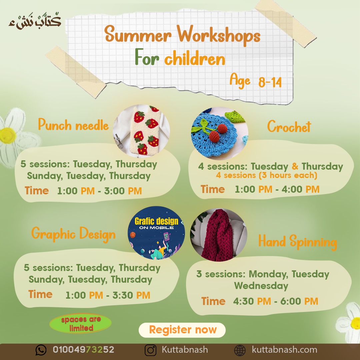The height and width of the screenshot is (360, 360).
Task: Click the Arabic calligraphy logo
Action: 35,21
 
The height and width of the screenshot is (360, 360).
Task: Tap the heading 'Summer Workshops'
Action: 182,35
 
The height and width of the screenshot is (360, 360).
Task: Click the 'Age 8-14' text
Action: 256,81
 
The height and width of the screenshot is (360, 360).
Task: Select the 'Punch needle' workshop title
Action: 73,125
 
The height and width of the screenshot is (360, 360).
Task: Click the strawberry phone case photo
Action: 141,131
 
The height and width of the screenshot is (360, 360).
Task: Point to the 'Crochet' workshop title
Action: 289,126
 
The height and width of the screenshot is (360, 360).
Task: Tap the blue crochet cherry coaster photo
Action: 219,133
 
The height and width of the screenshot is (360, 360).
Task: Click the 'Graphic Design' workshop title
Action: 73,234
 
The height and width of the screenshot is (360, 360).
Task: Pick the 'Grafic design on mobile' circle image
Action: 156,233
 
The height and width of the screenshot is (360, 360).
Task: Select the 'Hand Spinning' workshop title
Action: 298,242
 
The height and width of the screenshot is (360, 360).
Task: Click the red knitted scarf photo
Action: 219,235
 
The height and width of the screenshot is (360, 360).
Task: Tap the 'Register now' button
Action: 182,330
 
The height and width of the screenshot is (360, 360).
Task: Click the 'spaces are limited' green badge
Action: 81,323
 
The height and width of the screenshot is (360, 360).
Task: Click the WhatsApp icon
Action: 41,350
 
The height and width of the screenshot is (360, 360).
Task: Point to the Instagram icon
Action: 150,350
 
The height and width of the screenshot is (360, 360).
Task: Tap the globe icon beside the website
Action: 240,350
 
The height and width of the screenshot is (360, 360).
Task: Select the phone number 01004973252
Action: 83,350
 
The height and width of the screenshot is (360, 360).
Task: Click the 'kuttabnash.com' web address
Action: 284,350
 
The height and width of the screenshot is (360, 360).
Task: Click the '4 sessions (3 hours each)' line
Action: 267,175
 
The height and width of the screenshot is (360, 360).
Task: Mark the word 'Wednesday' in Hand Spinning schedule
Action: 261,286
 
